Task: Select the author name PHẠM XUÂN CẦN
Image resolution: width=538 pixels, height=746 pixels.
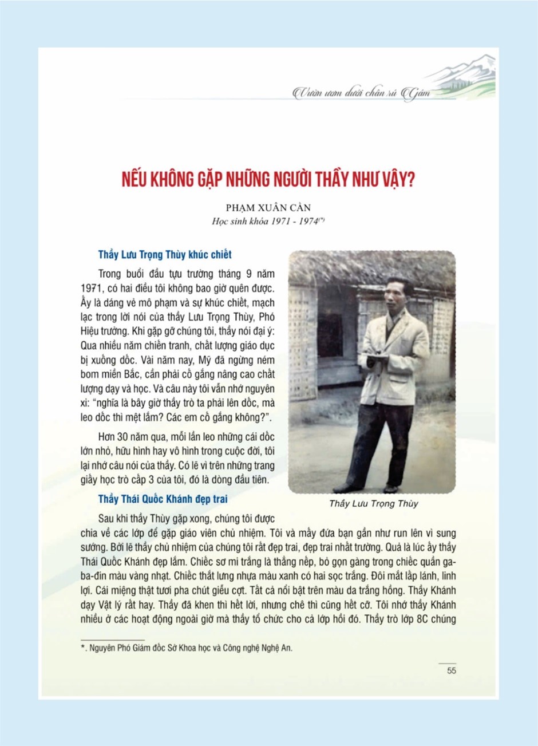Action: [268, 208]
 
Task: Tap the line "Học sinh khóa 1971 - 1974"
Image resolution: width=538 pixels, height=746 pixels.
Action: [268, 221]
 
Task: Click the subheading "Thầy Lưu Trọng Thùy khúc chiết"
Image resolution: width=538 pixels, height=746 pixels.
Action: [165, 255]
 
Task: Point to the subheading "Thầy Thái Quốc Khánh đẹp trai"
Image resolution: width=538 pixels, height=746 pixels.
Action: [163, 499]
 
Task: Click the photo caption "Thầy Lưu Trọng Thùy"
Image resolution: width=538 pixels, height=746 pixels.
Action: [373, 504]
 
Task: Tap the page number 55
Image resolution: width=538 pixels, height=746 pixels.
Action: [451, 670]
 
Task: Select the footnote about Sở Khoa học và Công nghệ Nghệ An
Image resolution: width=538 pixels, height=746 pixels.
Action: [187, 649]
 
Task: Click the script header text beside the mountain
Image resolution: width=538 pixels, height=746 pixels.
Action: [361, 93]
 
